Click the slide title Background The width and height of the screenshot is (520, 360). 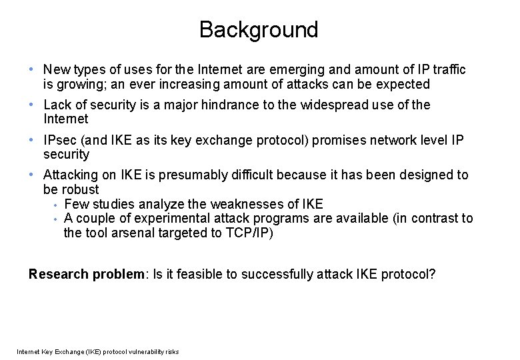259,30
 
